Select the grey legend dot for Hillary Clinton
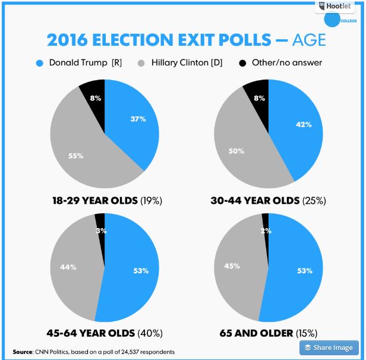click(x=141, y=62)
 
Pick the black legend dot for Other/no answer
click(x=242, y=62)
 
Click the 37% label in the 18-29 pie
click(x=138, y=118)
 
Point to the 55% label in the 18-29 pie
click(x=75, y=156)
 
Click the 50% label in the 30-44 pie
click(x=237, y=151)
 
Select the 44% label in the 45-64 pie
click(x=68, y=267)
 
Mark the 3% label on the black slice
click(x=101, y=230)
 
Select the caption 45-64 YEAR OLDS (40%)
click(x=104, y=333)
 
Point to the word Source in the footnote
click(x=23, y=351)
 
